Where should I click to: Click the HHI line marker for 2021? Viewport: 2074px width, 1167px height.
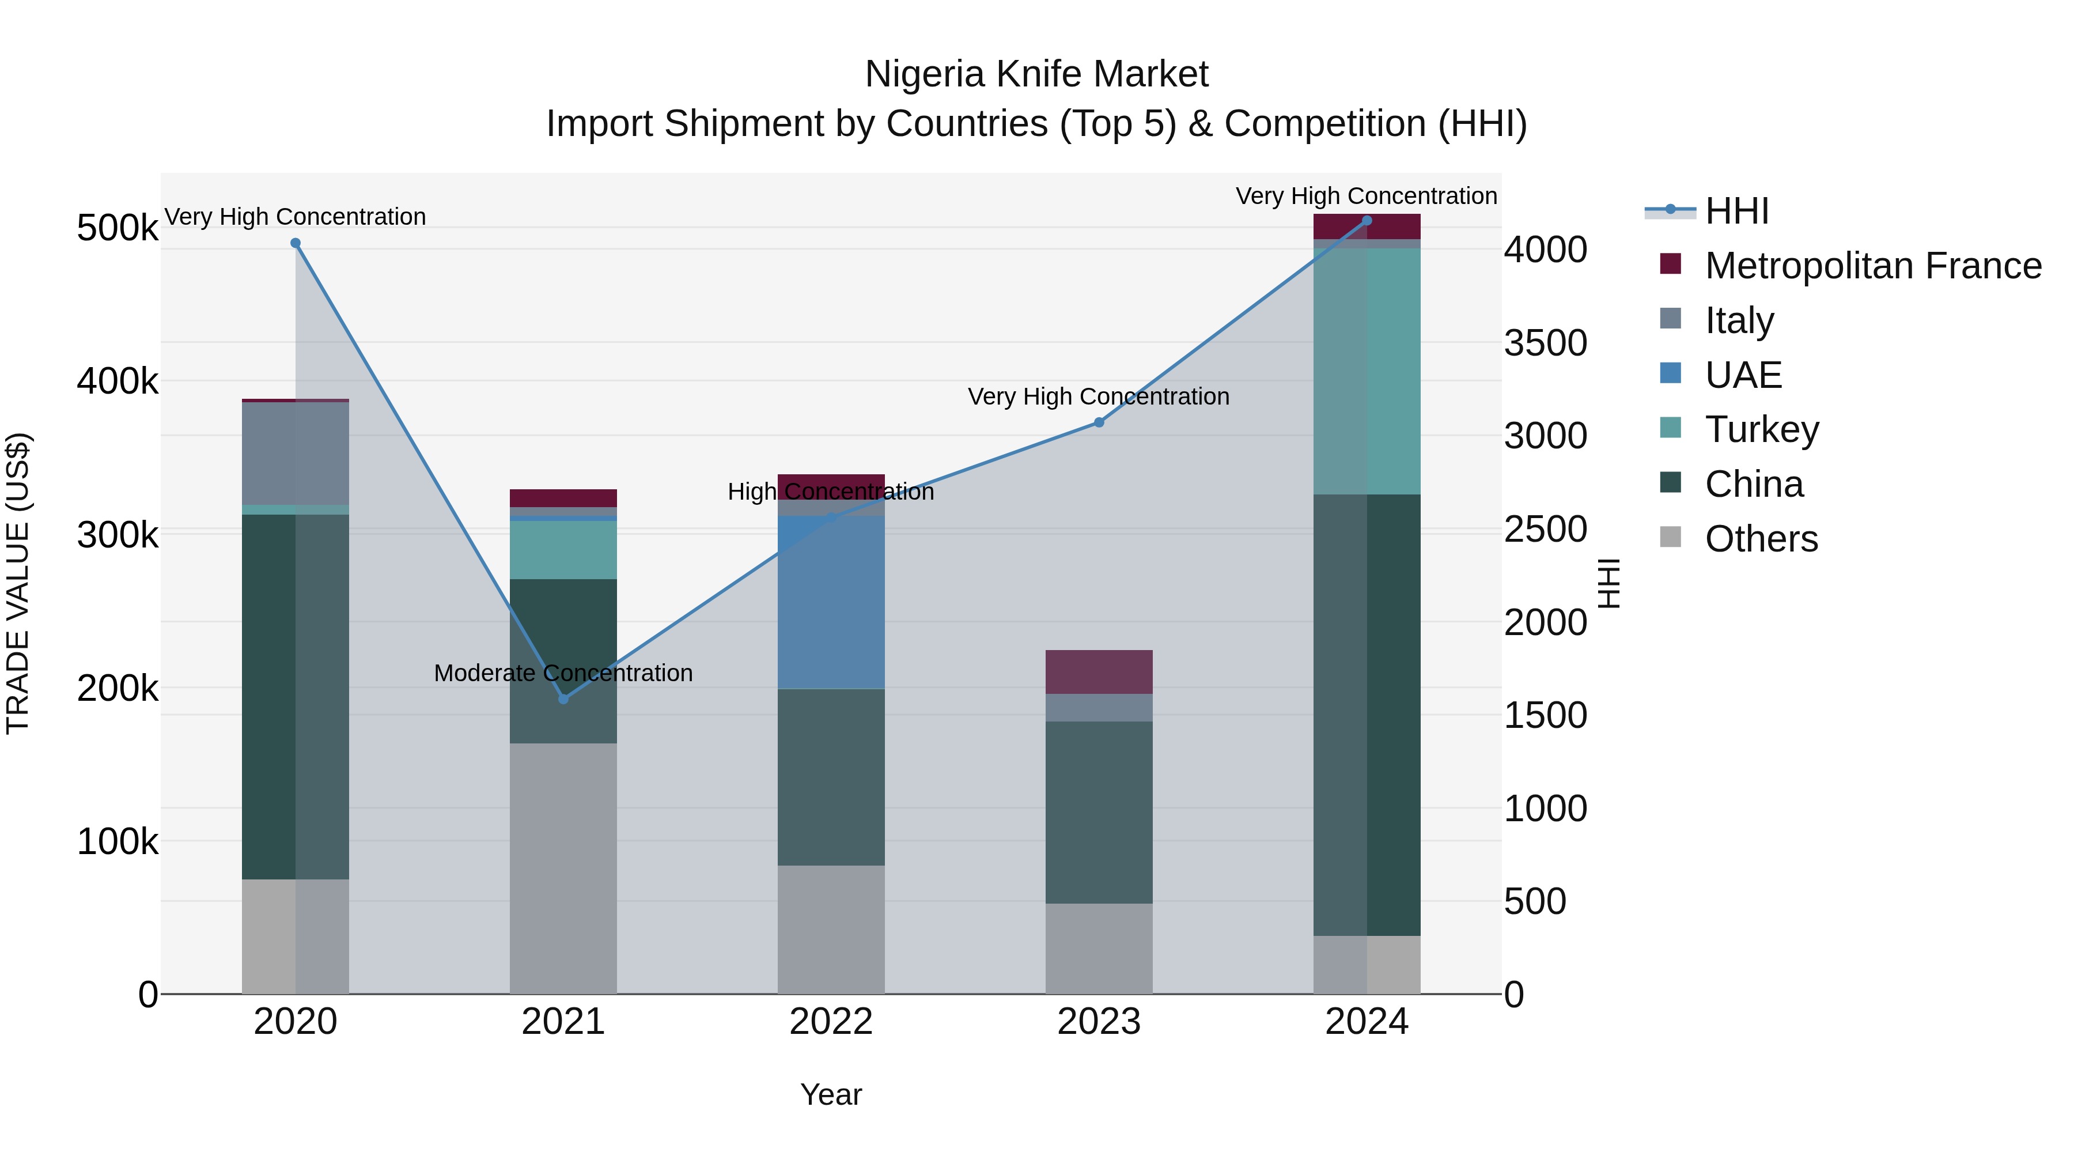[563, 698]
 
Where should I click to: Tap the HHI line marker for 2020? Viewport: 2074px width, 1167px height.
[296, 243]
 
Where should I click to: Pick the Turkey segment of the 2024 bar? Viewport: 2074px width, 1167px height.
[1367, 371]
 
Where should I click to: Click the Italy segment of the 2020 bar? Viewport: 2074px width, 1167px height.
[296, 454]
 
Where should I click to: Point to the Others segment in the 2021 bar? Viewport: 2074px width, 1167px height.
[563, 868]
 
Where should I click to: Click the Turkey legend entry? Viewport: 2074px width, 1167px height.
[1762, 429]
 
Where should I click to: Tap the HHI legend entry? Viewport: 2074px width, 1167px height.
[1736, 211]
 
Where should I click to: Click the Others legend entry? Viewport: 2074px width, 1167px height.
[1761, 539]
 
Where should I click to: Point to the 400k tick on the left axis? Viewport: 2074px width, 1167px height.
[118, 381]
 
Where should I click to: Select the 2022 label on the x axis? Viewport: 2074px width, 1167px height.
[830, 1022]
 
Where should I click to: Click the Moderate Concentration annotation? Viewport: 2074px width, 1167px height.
[563, 673]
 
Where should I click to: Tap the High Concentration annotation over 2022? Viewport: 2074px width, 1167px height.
[830, 491]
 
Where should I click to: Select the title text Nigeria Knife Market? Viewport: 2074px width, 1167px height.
[1036, 74]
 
